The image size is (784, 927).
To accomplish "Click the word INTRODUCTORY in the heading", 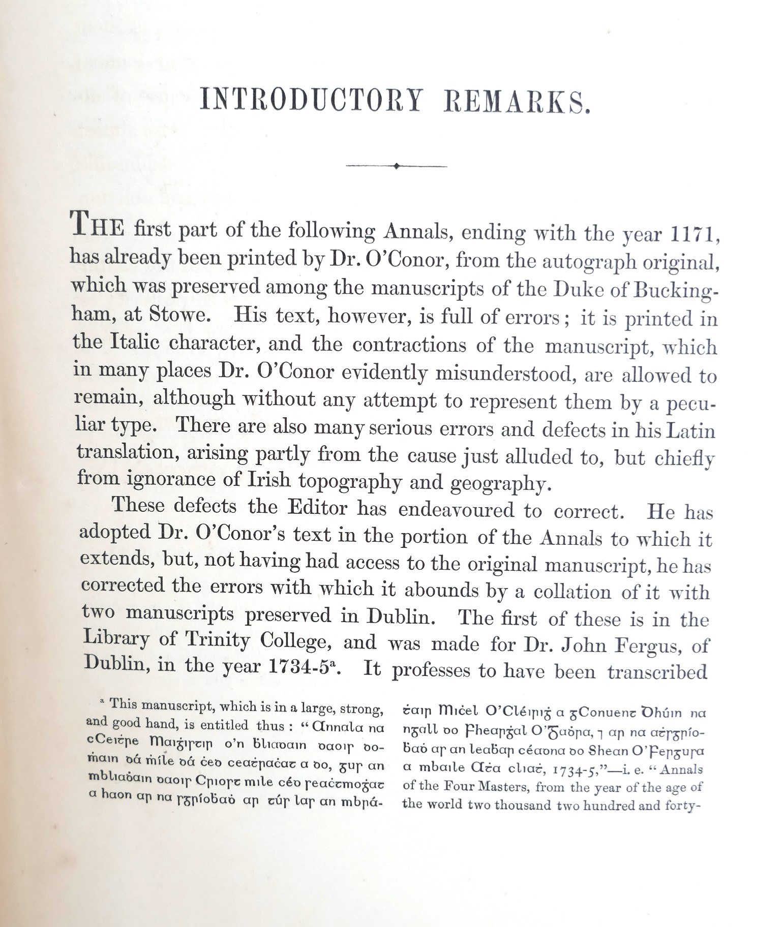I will [311, 100].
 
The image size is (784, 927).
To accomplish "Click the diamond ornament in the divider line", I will [397, 165].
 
